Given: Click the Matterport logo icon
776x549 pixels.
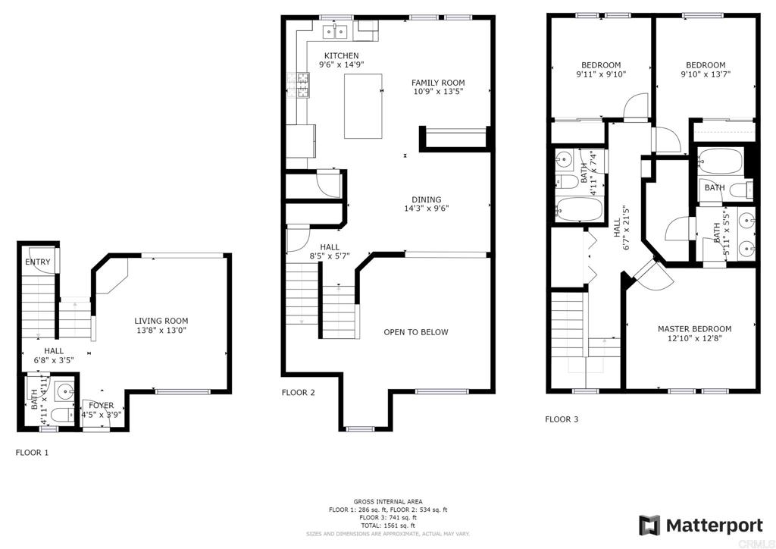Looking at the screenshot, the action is pos(649,525).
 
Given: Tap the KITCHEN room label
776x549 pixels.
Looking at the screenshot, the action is pos(342,55).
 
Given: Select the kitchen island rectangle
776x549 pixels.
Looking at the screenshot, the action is pos(363,106).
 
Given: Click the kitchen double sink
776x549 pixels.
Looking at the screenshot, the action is pos(336,32).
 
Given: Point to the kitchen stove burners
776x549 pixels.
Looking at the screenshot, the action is pos(303,85).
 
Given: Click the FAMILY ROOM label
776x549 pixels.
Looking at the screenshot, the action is pos(438,83).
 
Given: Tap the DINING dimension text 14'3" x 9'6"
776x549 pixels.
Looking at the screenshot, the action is pos(427,209).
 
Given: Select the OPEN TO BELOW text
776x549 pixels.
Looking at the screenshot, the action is pos(416,332).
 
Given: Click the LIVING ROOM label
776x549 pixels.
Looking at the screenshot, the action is pos(161,321).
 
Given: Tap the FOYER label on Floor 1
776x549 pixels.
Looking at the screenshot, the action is pos(102,406).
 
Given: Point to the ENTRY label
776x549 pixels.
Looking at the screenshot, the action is pos(38,262).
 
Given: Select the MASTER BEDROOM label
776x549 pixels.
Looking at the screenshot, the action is pos(694,328).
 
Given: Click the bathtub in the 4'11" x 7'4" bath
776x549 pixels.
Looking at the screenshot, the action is pos(578,209).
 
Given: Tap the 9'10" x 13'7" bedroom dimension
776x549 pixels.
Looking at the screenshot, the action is pos(706,74).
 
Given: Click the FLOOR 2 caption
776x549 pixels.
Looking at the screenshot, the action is pos(299,393).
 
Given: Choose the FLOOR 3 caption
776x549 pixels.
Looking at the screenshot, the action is pos(562,419).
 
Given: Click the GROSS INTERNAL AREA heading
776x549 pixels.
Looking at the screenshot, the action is pos(388,502).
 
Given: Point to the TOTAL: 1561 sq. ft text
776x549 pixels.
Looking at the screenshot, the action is pos(388,525).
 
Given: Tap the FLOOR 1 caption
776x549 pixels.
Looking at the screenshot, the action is pos(32,453).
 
